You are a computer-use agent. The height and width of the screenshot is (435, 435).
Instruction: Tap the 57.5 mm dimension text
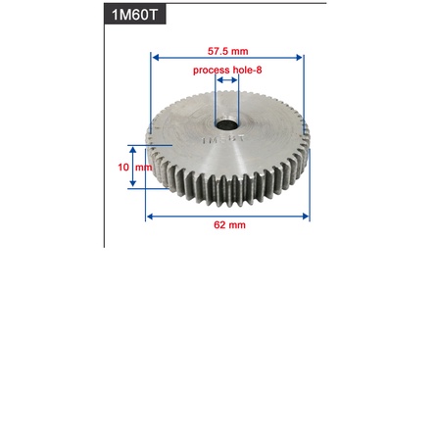pos(227,51)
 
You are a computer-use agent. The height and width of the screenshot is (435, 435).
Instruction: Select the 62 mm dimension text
pos(229,225)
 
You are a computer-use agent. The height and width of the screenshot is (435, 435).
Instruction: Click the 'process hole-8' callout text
pos(227,71)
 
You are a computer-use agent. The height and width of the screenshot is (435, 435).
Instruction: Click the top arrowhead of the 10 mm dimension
pos(133,151)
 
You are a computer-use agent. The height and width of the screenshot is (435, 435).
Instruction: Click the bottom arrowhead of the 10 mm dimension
pos(133,184)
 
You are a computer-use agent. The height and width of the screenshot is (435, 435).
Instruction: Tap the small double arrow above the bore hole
pos(227,81)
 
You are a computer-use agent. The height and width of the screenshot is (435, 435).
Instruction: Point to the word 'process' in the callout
pos(211,71)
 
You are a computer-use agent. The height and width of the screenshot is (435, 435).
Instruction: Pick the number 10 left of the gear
pos(123,168)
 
